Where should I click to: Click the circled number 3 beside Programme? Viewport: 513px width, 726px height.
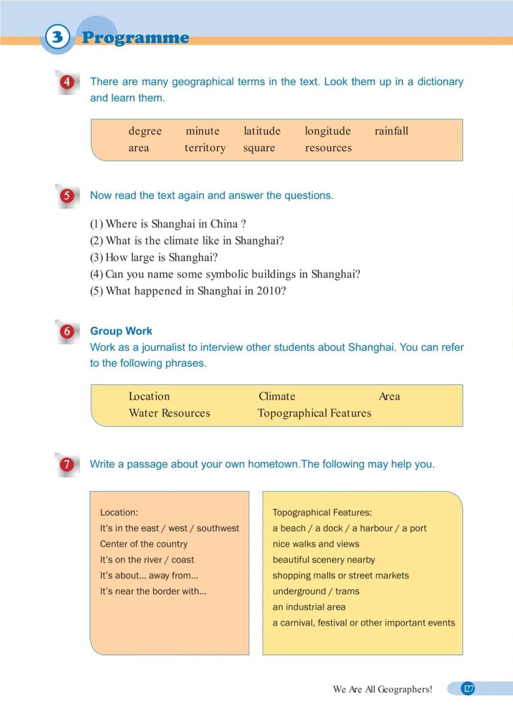[x=57, y=37]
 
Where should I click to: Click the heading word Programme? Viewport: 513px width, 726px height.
[x=135, y=38]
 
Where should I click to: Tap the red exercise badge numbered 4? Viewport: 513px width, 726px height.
[x=67, y=82]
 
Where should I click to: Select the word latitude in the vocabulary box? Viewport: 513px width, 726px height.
[x=262, y=131]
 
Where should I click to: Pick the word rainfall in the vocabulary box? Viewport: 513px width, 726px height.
[x=391, y=131]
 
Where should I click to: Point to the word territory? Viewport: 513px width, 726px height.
[x=205, y=148]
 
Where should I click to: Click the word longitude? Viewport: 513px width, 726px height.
[x=327, y=131]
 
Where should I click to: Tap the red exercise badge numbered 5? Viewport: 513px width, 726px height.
[x=67, y=195]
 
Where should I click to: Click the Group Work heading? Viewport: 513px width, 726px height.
[x=121, y=331]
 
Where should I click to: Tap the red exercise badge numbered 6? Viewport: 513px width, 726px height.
[x=67, y=331]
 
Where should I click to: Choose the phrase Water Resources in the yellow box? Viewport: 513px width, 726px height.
[x=169, y=413]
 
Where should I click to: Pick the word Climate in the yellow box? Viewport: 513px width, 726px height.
[x=276, y=397]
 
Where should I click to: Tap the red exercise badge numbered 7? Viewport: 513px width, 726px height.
[x=67, y=464]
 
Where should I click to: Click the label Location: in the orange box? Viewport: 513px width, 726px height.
[x=119, y=513]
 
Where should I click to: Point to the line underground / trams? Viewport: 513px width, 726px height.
[x=316, y=591]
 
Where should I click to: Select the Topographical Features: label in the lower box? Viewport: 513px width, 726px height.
[x=322, y=513]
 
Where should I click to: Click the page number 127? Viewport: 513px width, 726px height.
[x=468, y=688]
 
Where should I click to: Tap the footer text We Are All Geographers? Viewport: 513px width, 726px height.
[x=382, y=689]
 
